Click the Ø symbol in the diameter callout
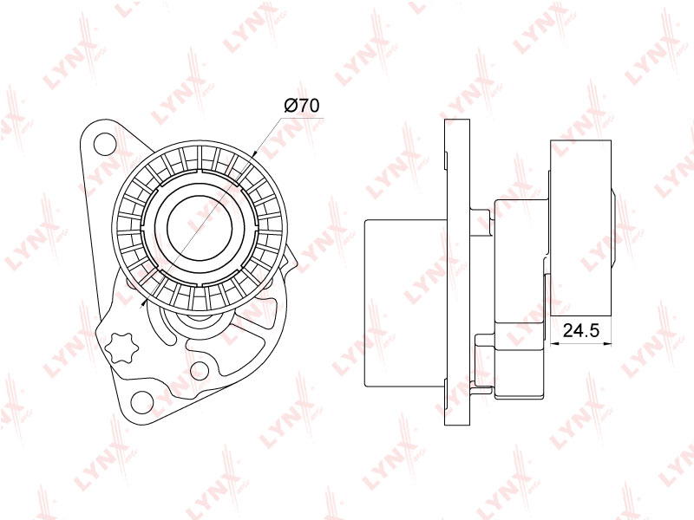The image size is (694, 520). tap(291, 106)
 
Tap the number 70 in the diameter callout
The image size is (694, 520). tap(309, 106)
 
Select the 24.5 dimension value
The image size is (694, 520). tap(580, 330)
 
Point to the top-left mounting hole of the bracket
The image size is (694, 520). tap(105, 143)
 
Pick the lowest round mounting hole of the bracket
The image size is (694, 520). tap(142, 401)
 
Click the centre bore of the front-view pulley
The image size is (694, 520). tap(200, 226)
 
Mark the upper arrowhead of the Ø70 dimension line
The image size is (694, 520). tap(255, 154)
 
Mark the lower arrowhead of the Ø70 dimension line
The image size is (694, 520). tap(144, 302)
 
